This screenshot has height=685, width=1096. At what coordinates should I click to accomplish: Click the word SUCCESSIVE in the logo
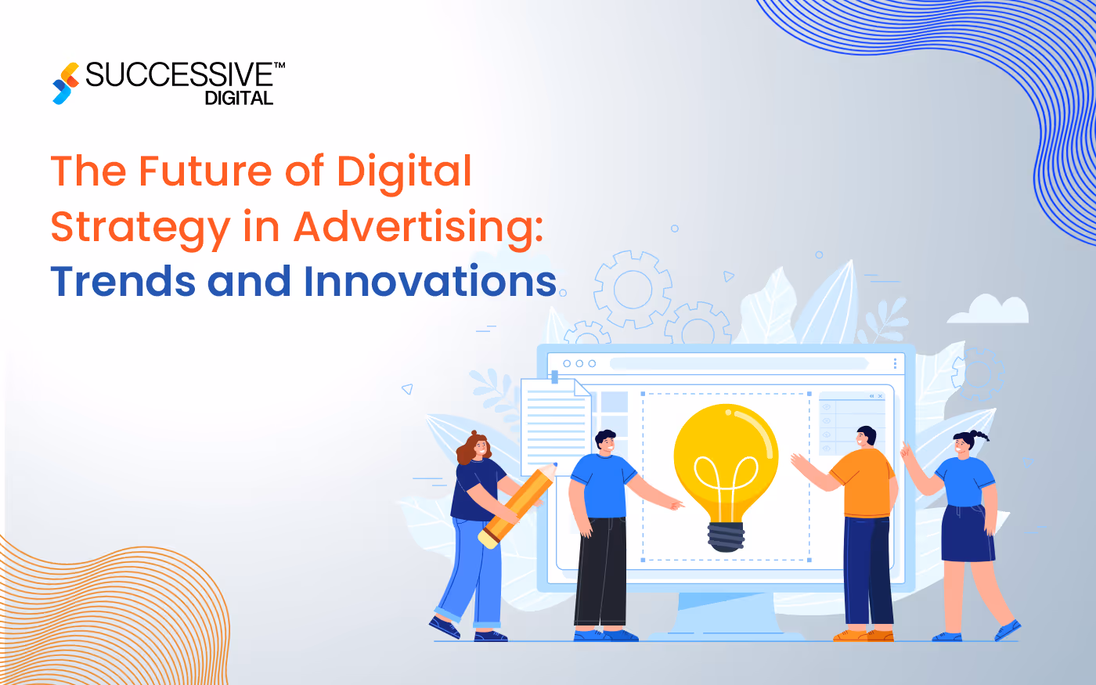click(179, 75)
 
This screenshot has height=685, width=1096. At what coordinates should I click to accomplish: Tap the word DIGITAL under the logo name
click(239, 99)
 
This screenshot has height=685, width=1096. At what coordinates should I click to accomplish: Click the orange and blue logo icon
click(66, 83)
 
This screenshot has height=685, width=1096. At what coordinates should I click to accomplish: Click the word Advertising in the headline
click(418, 227)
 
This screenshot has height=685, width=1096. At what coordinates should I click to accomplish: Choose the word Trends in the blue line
click(123, 282)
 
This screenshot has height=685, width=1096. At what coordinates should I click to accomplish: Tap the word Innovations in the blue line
click(430, 282)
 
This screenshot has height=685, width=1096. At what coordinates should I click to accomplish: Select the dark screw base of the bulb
click(726, 537)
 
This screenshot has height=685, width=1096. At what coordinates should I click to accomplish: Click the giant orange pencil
click(517, 504)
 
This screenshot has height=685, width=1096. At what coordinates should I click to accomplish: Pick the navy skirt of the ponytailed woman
click(968, 533)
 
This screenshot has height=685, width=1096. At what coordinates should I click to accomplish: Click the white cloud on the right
click(989, 311)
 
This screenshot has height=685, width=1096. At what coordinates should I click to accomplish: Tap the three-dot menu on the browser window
click(895, 364)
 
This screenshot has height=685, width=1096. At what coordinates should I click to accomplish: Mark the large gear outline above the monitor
click(633, 290)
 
